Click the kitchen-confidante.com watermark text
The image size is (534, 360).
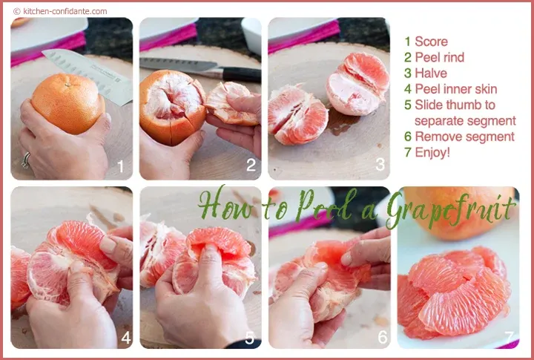pos(60,11)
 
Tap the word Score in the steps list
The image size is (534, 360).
pos(431,42)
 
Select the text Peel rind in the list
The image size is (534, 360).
pos(439,57)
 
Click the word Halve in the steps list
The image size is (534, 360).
pos(431,73)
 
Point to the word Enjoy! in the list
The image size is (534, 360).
pos(432,152)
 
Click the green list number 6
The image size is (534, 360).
pos(408,137)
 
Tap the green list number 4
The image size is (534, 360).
pos(408,89)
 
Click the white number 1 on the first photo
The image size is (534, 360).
pos(120,166)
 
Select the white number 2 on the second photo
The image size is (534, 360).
pos(251,166)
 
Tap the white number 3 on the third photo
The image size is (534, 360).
pos(380,164)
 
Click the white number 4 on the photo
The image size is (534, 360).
pos(126,338)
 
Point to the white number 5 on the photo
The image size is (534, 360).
pos(250,338)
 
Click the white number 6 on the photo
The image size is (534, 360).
pos(383,337)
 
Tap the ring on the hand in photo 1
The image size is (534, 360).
pos(26,160)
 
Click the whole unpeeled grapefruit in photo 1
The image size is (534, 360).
pos(68,103)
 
